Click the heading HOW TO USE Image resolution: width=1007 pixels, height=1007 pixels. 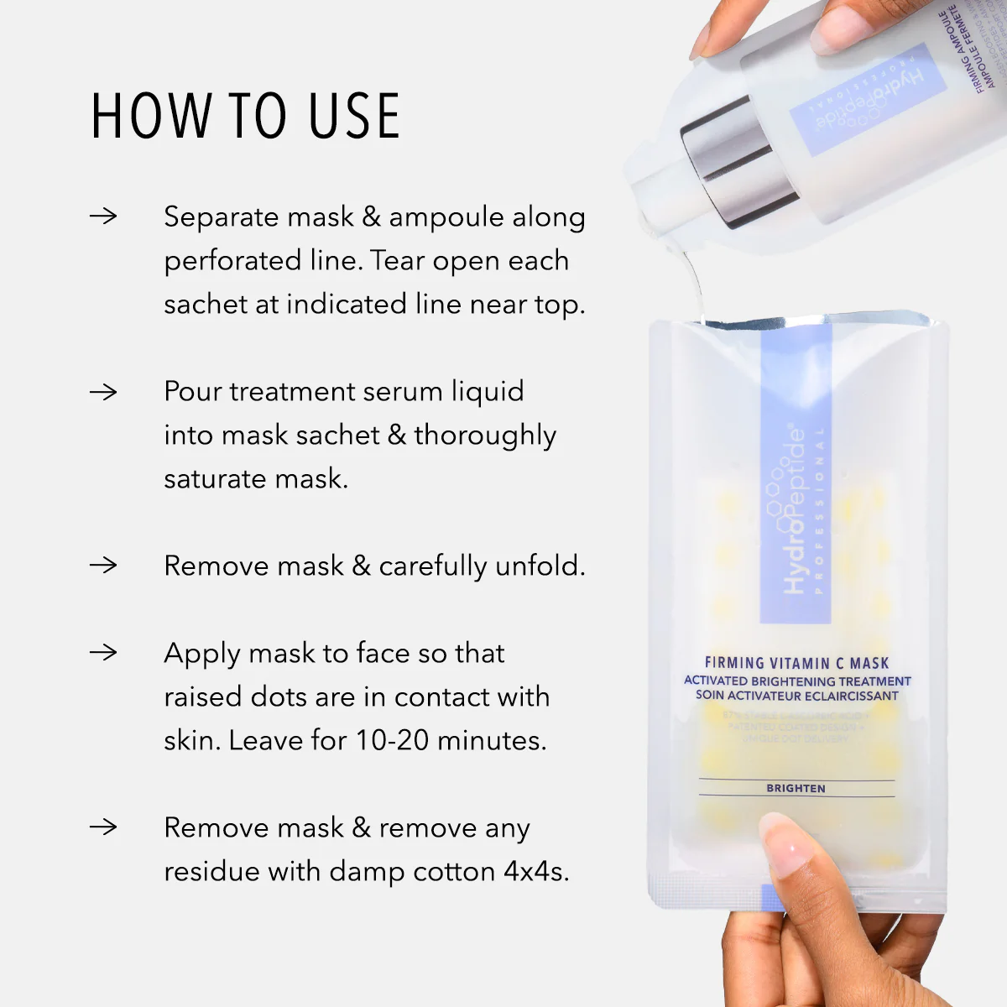click(245, 116)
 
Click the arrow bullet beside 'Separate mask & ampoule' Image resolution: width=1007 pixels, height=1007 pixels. click(103, 217)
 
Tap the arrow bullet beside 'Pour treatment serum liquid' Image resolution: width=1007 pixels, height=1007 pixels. click(103, 391)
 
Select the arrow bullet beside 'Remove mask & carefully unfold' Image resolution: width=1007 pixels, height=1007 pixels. click(103, 566)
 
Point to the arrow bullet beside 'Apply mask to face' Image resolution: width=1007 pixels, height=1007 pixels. click(103, 653)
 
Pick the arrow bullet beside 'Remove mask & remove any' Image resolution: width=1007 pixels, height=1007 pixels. click(103, 827)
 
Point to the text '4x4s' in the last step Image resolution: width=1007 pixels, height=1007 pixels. click(535, 871)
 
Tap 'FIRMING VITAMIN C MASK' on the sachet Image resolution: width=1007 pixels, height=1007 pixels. click(796, 663)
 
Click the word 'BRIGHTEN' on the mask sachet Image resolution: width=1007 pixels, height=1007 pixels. click(796, 788)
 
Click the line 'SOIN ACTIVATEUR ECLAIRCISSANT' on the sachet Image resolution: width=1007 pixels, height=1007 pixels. click(796, 696)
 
